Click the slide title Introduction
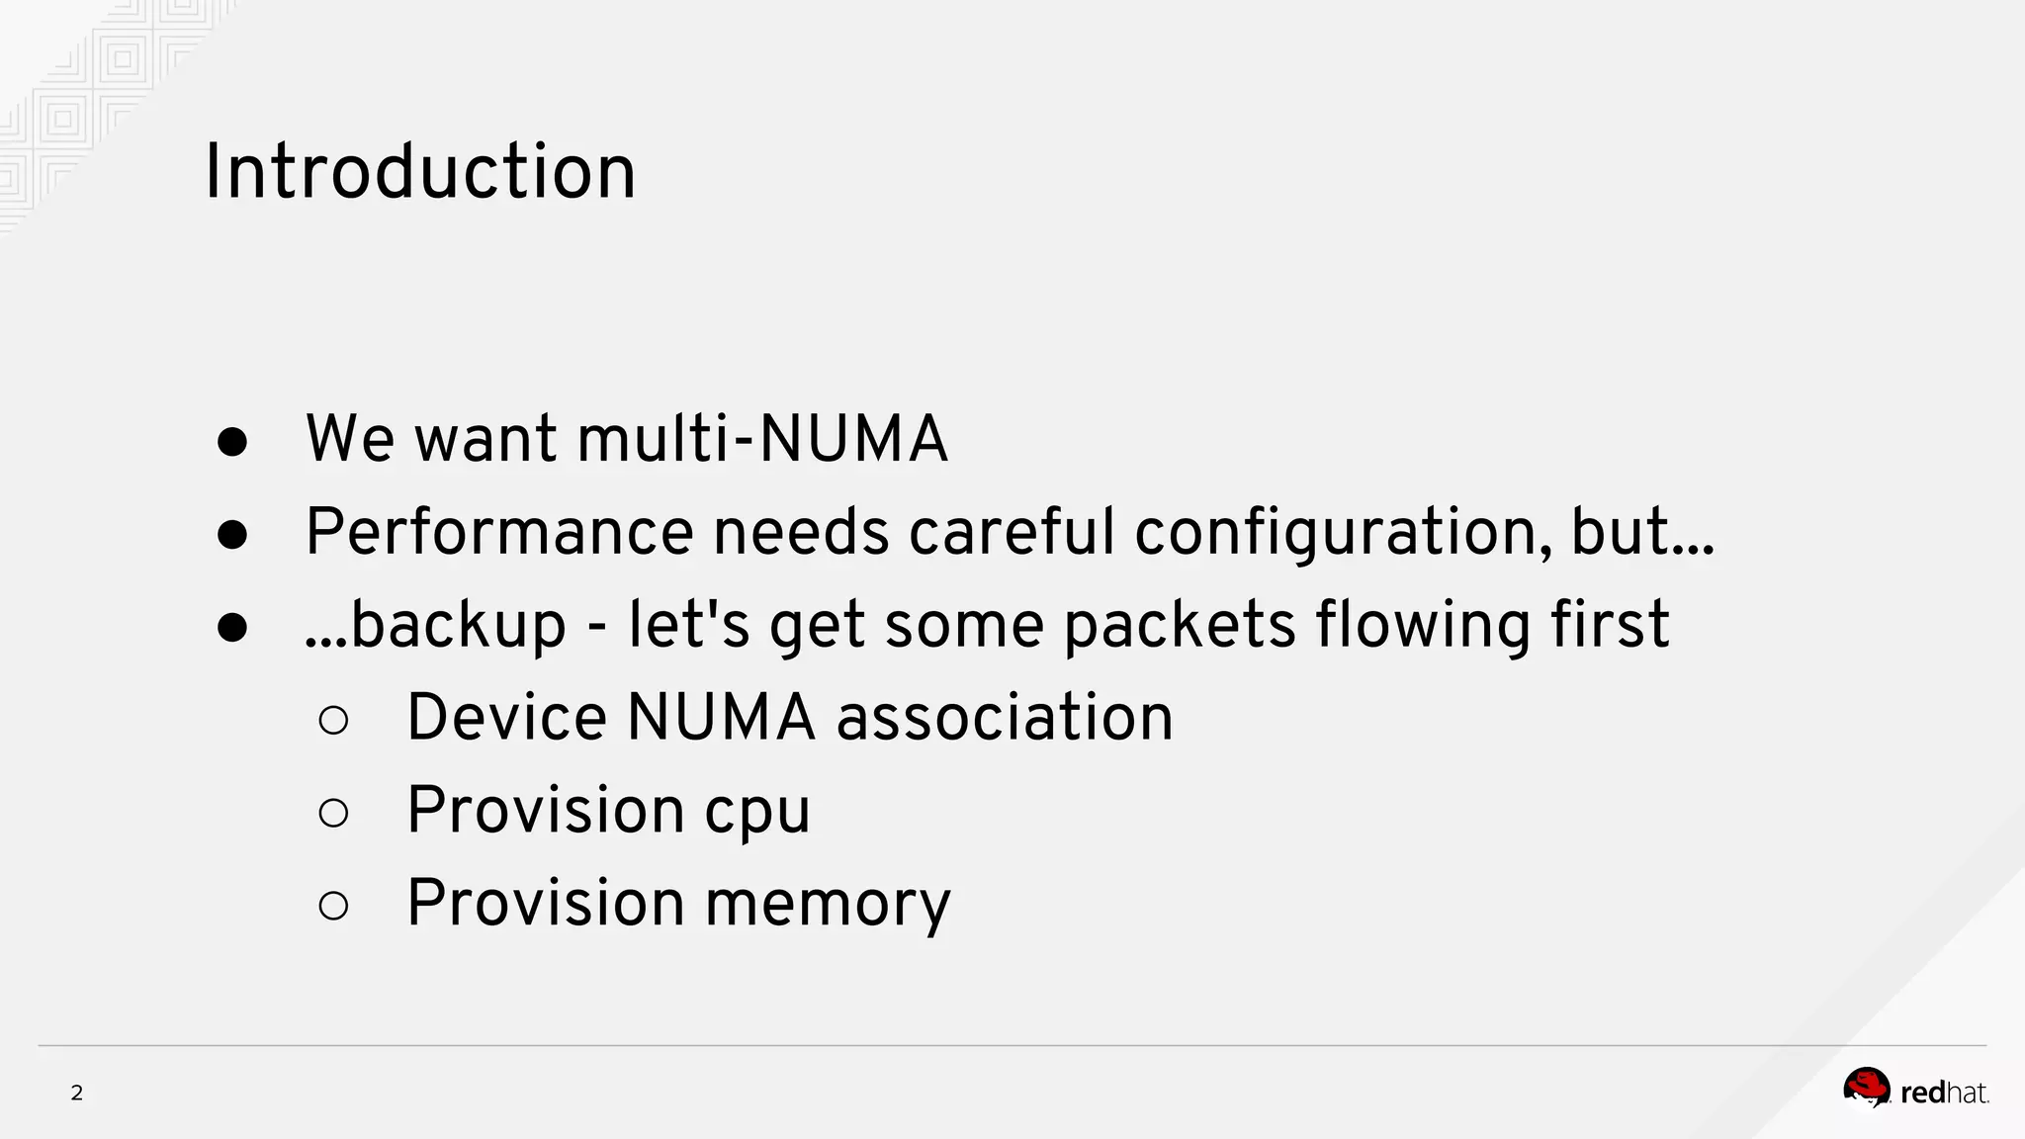pyautogui.click(x=419, y=172)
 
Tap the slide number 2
pyautogui.click(x=76, y=1093)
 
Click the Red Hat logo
pyautogui.click(x=1914, y=1091)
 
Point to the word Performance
pyautogui.click(x=499, y=532)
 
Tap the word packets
pyautogui.click(x=1179, y=625)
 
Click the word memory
pyautogui.click(x=828, y=904)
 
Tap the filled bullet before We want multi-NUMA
pyautogui.click(x=232, y=442)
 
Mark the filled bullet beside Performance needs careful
pyautogui.click(x=232, y=535)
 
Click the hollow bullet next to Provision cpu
pyautogui.click(x=334, y=813)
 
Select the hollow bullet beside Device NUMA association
pyautogui.click(x=334, y=720)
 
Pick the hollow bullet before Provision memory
pyautogui.click(x=334, y=905)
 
